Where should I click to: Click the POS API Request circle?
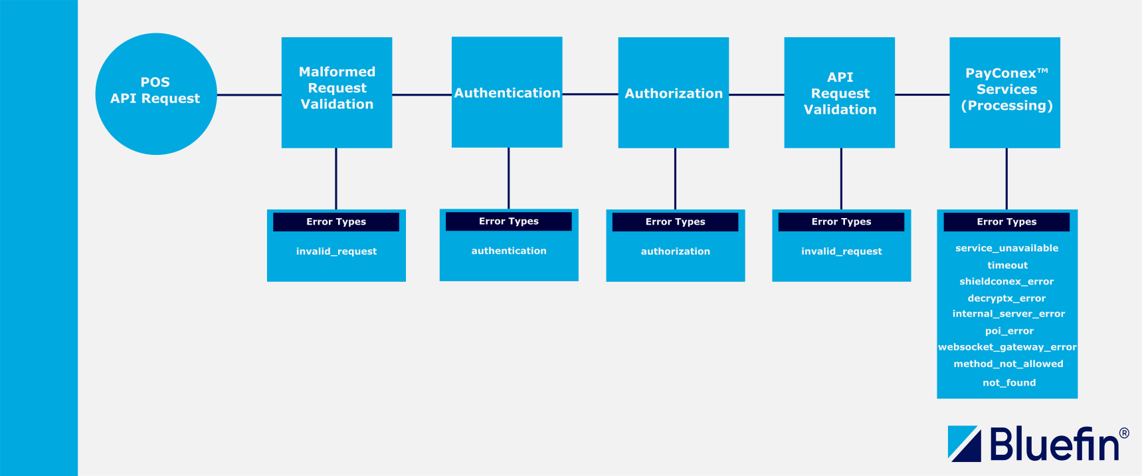tap(156, 94)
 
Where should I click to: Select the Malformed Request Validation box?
tap(337, 92)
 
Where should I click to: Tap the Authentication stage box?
tap(507, 92)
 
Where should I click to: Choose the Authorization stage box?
tap(674, 93)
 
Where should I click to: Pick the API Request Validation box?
tap(840, 93)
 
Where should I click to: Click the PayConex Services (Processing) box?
tap(1005, 92)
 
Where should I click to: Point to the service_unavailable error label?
tap(1007, 248)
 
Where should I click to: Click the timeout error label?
tap(1007, 265)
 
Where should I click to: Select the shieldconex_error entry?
tap(1006, 281)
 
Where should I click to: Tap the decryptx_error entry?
tap(1006, 298)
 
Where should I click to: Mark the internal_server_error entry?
tap(1008, 314)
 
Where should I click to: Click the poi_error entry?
tap(1009, 331)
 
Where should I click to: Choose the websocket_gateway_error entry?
tap(1007, 347)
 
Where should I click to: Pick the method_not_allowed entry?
tap(1008, 364)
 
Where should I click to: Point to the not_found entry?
tap(1009, 383)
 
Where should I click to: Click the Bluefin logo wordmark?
tap(1054, 444)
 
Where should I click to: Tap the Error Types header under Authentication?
tap(509, 221)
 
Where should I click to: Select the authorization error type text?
tap(676, 251)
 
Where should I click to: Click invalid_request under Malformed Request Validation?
tap(336, 251)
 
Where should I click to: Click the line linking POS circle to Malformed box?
tap(249, 95)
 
